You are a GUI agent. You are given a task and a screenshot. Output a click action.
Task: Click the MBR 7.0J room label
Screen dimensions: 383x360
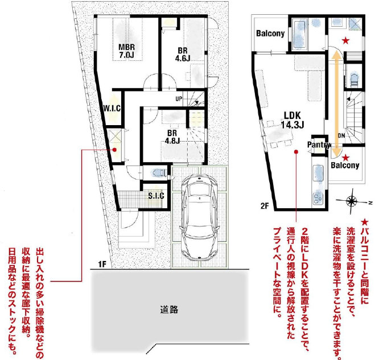pos(126,51)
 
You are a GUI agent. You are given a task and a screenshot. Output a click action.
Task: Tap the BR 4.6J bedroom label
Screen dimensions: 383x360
pos(183,54)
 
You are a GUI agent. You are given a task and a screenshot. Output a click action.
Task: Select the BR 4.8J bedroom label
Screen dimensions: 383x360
pos(172,136)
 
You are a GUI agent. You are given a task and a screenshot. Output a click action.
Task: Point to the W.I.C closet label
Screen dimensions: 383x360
pos(112,108)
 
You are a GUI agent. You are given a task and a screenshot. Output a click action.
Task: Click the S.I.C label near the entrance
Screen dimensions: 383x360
pos(156,196)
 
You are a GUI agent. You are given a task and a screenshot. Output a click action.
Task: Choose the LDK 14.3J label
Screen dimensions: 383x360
pos(293,120)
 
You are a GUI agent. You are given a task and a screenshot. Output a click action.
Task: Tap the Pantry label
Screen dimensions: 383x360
pos(319,144)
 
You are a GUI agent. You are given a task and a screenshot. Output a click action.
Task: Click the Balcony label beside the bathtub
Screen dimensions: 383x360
pos(270,33)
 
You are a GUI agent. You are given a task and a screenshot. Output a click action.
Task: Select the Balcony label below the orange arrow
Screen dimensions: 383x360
pos(345,165)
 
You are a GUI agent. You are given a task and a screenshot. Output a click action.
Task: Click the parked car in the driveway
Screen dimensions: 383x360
pos(200,217)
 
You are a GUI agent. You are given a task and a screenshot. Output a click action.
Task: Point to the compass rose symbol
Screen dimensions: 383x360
pos(352,201)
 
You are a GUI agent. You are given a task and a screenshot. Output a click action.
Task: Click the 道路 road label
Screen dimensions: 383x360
pos(169,309)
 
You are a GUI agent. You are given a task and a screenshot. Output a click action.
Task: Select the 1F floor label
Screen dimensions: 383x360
pos(102,264)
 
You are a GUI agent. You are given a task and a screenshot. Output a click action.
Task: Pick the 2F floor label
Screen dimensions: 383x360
pos(265,206)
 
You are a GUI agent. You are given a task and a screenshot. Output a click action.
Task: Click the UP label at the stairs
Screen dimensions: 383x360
pos(179,98)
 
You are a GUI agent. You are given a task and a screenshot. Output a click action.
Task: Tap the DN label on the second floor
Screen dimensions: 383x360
pos(341,135)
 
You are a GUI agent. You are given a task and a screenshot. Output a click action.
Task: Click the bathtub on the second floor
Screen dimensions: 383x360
pos(298,35)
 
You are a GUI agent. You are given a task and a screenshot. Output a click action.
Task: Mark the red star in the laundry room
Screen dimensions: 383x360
pos(345,41)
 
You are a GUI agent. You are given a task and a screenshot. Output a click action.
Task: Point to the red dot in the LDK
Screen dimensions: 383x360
pos(296,152)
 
